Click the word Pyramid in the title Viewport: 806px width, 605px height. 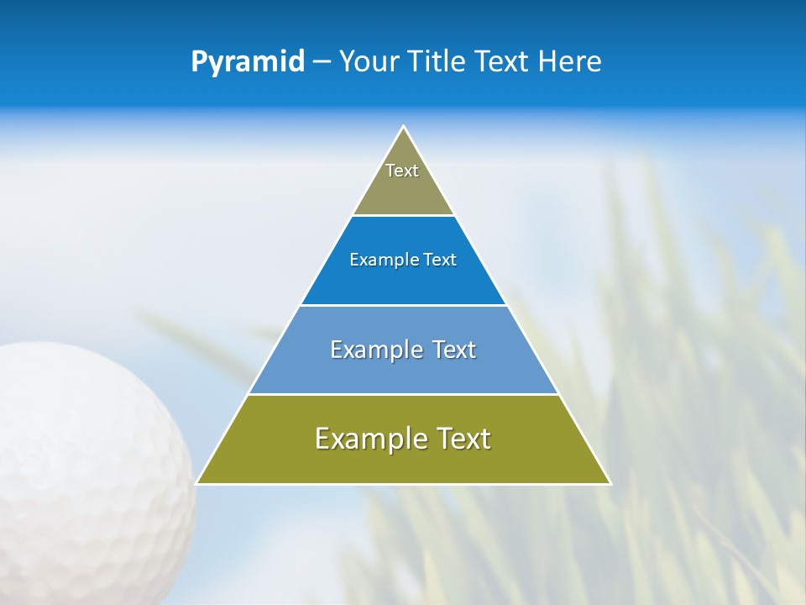pyautogui.click(x=248, y=62)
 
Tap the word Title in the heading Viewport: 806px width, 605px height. pyautogui.click(x=437, y=62)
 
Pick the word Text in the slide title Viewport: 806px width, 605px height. pyautogui.click(x=504, y=62)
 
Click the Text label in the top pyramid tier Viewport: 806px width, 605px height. pyautogui.click(x=402, y=171)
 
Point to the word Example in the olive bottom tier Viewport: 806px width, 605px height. pyautogui.click(x=370, y=439)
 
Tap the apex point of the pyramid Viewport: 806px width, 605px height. pyautogui.click(x=403, y=128)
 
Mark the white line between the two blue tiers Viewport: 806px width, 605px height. pyautogui.click(x=403, y=305)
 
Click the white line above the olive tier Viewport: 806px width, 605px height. pyautogui.click(x=403, y=394)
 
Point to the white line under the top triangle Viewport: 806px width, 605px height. pyautogui.click(x=403, y=216)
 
